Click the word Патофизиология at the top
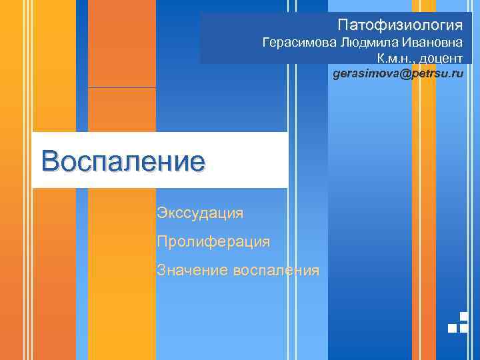[x=399, y=25]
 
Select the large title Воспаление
[x=122, y=161]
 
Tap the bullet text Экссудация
[x=200, y=213]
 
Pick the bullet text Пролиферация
[x=213, y=241]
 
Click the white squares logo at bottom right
[x=458, y=323]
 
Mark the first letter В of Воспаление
[x=51, y=161]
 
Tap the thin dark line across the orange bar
[x=122, y=87]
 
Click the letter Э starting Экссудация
[x=161, y=213]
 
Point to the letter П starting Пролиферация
[x=162, y=241]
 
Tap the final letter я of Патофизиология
[x=458, y=25]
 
